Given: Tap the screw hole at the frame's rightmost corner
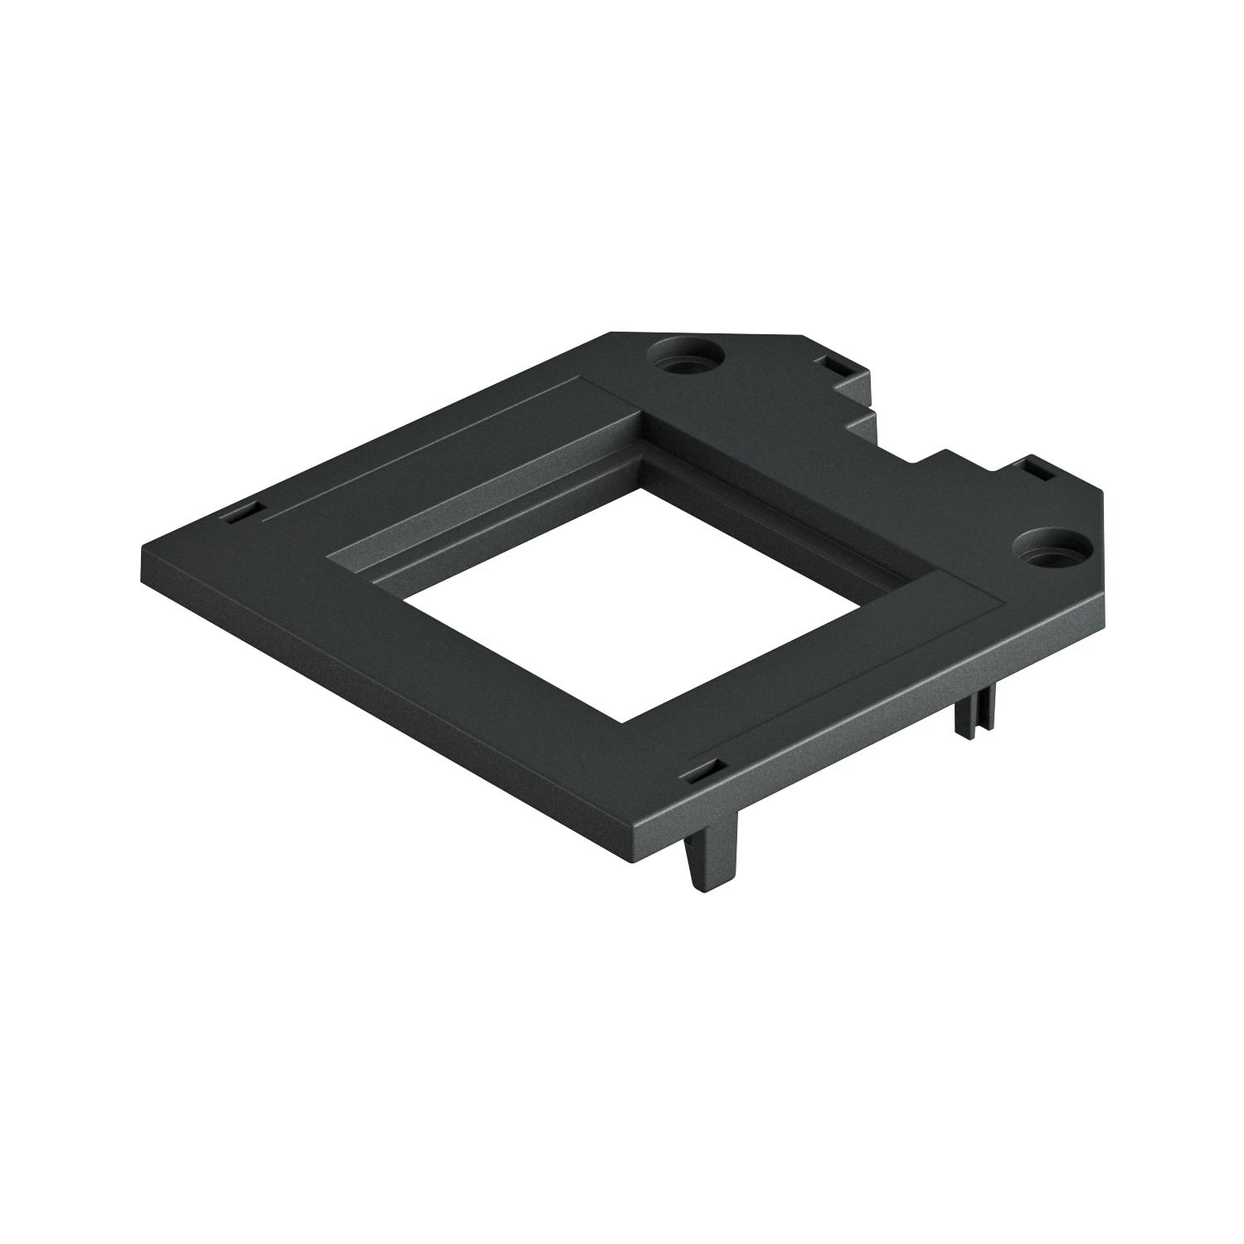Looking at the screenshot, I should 1049,547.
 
